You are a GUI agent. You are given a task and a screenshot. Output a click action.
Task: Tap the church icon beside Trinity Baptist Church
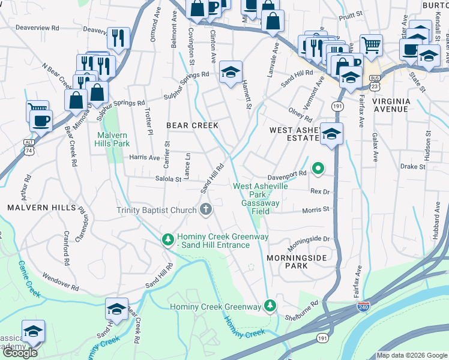click(x=206, y=209)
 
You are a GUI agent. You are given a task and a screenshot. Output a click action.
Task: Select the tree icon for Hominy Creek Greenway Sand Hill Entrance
click(x=169, y=239)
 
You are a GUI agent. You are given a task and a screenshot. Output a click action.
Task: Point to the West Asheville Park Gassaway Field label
click(x=261, y=195)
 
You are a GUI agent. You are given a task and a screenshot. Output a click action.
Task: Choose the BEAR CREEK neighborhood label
click(x=192, y=125)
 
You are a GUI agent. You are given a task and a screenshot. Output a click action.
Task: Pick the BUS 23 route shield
click(x=375, y=81)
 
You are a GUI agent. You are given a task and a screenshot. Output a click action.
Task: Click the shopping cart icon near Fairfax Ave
click(x=371, y=44)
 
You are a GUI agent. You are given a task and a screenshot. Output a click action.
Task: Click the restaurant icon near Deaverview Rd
click(x=118, y=38)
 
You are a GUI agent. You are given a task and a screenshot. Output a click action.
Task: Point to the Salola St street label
click(x=168, y=179)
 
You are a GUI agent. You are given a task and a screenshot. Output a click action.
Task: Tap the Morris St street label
click(x=316, y=209)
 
